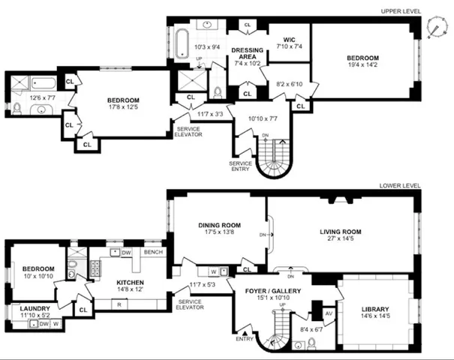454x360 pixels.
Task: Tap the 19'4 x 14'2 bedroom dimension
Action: [362, 67]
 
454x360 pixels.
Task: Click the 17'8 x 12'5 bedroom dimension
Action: [123, 107]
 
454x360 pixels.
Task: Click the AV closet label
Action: [329, 313]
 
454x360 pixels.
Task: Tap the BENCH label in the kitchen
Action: [153, 252]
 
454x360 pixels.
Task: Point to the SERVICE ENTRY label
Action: [242, 165]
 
